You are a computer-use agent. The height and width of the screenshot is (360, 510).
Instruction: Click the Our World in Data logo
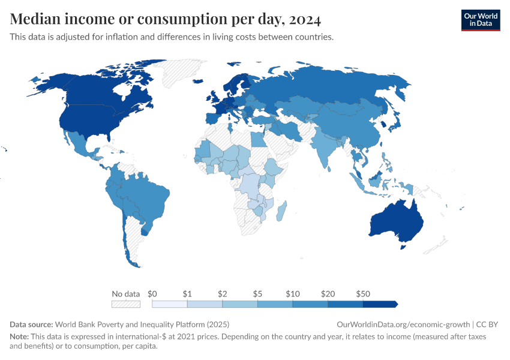pyautogui.click(x=480, y=20)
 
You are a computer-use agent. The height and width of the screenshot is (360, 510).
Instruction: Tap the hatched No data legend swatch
pyautogui.click(x=125, y=304)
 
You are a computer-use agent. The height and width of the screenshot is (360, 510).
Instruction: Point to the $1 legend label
pyautogui.click(x=187, y=294)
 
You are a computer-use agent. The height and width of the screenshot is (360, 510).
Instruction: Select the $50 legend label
pyautogui.click(x=362, y=294)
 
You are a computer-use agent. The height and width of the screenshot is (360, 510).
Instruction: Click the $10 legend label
pyautogui.click(x=292, y=294)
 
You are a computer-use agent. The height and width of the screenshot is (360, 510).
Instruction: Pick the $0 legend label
pyautogui.click(x=152, y=294)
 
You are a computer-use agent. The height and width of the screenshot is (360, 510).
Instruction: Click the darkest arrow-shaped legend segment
pyautogui.click(x=380, y=304)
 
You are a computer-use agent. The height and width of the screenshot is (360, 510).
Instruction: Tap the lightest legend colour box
pyautogui.click(x=170, y=304)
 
